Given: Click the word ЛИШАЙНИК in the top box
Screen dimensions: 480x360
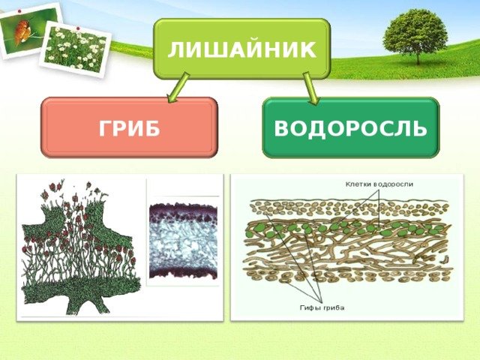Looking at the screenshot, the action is coord(241,50).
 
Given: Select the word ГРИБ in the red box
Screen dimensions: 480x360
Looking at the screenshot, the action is coord(130,128).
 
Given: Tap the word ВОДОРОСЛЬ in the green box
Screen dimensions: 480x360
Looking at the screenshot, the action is coord(350,128).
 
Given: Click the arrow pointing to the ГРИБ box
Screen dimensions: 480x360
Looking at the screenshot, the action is coord(178,88).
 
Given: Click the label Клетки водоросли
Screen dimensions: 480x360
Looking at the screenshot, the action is coord(379,184).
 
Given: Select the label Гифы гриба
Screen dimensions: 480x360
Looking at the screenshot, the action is coord(322,307).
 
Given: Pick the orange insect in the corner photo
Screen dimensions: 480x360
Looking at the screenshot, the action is coord(22,31).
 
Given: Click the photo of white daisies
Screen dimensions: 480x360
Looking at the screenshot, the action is coord(75,49).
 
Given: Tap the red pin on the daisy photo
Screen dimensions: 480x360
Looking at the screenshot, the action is coord(78,28).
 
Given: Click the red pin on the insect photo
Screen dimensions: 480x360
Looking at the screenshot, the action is coord(19,11).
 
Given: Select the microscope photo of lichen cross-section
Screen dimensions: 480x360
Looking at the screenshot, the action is coord(183,241).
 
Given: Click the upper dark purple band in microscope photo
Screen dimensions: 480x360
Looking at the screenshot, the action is coord(183,211).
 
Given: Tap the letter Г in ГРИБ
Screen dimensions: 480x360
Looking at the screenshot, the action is coord(105,128).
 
